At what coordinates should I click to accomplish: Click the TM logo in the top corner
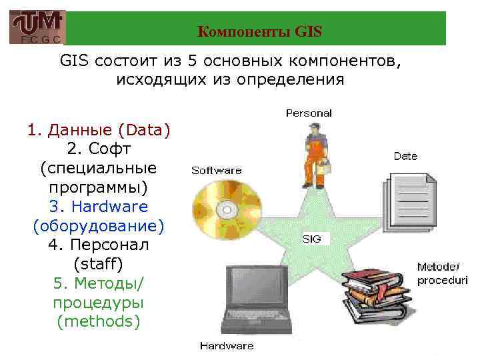[37, 27]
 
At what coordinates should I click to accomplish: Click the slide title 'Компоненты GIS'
[260, 31]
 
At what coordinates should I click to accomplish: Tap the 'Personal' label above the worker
[309, 113]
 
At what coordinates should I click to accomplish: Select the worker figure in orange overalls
[313, 157]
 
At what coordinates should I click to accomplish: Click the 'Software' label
[217, 170]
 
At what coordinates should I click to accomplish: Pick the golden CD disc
[227, 207]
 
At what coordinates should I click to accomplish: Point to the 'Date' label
[405, 156]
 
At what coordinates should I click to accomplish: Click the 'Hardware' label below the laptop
[227, 345]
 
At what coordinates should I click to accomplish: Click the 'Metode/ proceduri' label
[442, 273]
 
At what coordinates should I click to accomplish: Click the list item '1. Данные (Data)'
[99, 129]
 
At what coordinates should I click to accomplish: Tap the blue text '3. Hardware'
[99, 207]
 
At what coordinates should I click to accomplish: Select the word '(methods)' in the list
[99, 322]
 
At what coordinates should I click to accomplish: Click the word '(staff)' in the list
[99, 264]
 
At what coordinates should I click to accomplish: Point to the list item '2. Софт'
[99, 149]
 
